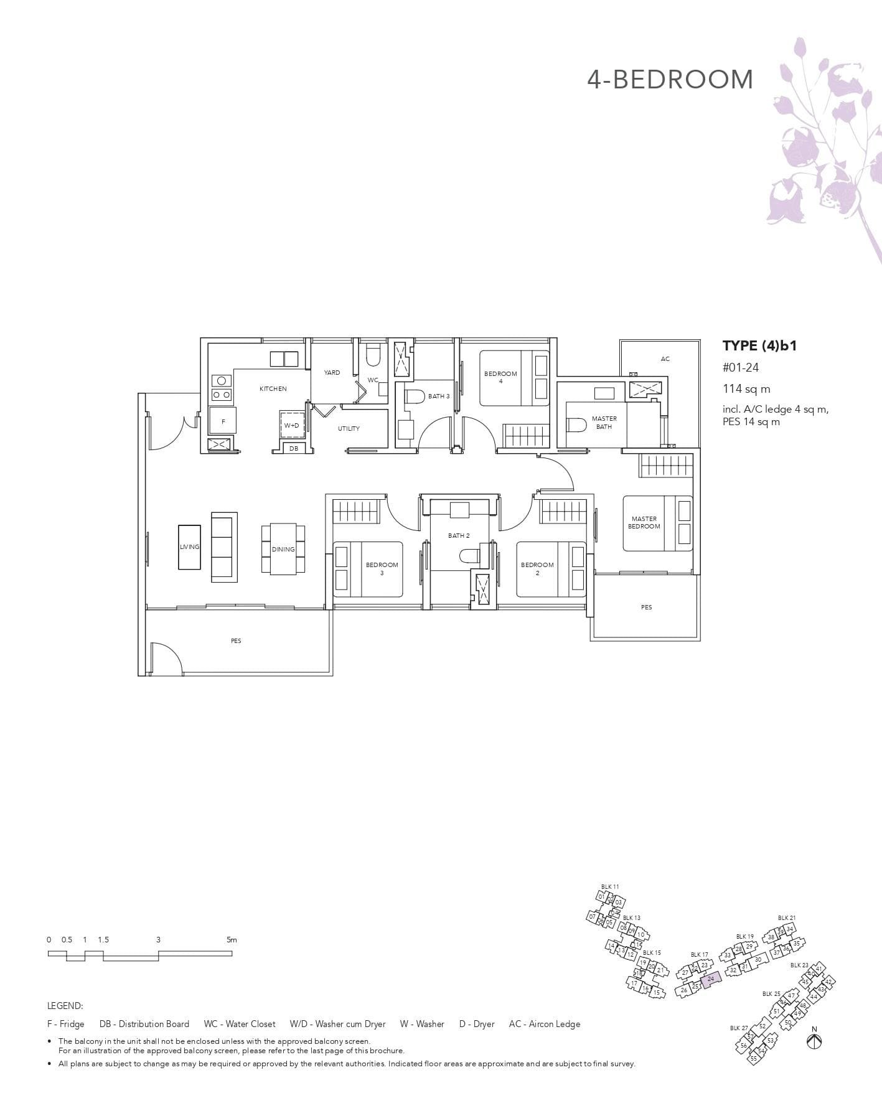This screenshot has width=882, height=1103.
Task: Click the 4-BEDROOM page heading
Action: pyautogui.click(x=670, y=80)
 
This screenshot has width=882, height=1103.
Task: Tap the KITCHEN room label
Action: pyautogui.click(x=273, y=389)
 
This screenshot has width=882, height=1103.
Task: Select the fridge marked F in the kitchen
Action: pyautogui.click(x=223, y=421)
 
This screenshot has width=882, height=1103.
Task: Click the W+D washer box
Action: pyautogui.click(x=291, y=426)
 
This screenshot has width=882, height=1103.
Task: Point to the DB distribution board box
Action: pyautogui.click(x=293, y=448)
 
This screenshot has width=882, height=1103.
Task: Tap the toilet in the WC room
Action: pyautogui.click(x=373, y=356)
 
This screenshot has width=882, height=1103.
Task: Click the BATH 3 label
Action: pyautogui.click(x=438, y=397)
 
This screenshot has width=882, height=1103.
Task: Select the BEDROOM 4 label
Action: pyautogui.click(x=500, y=377)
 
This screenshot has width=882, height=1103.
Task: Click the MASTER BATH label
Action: pyautogui.click(x=604, y=423)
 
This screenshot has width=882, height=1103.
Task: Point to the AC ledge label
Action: pyautogui.click(x=665, y=359)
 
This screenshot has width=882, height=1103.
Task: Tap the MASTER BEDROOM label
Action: pyautogui.click(x=644, y=522)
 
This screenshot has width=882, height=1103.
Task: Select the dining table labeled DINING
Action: pyautogui.click(x=283, y=549)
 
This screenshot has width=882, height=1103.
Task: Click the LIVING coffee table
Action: pyautogui.click(x=190, y=547)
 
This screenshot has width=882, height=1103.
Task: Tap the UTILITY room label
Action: pyautogui.click(x=349, y=429)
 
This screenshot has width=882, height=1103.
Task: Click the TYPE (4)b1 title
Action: pyautogui.click(x=759, y=346)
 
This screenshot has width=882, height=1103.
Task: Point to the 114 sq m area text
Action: pyautogui.click(x=746, y=389)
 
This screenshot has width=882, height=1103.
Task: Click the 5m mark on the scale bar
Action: pyautogui.click(x=232, y=940)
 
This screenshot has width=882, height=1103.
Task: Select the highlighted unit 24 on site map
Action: pyautogui.click(x=711, y=979)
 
